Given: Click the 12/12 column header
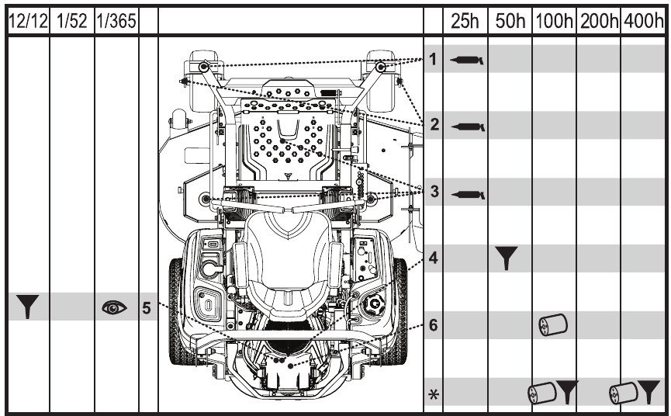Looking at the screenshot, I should click(x=26, y=18).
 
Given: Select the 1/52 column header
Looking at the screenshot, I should click(x=71, y=18).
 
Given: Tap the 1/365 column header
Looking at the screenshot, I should click(x=116, y=18).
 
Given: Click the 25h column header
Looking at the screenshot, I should click(x=465, y=18).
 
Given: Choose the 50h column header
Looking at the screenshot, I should click(x=510, y=18).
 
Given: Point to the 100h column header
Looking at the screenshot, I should click(x=554, y=18).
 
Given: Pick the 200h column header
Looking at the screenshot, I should click(x=598, y=18).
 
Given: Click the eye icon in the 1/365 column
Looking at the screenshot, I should click(x=115, y=308).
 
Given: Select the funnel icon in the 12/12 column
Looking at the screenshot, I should click(x=26, y=308).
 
